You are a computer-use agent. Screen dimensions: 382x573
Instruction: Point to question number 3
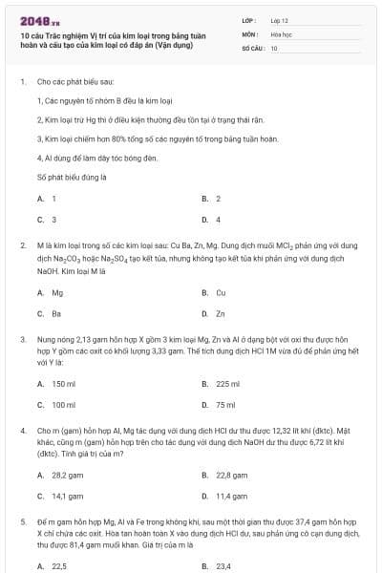(x=23, y=338)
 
